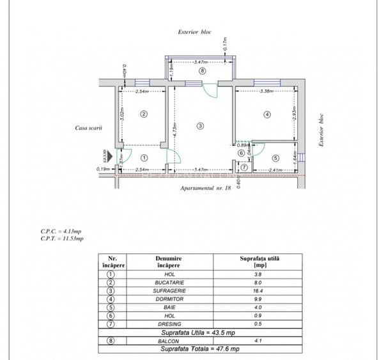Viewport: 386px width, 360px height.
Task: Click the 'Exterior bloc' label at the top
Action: [195, 32]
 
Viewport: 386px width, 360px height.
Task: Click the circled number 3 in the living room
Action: [200, 126]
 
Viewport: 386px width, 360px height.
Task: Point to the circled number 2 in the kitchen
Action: [144, 114]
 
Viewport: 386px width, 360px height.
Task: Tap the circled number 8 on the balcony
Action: [202, 71]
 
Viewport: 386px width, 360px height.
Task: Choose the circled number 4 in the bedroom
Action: [267, 114]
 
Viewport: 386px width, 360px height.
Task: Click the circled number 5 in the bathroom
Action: [275, 158]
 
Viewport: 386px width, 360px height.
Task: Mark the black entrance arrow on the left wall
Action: [110, 156]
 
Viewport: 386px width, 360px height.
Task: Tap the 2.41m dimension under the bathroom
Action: [275, 170]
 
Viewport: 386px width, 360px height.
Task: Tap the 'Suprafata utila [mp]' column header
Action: [260, 260]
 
